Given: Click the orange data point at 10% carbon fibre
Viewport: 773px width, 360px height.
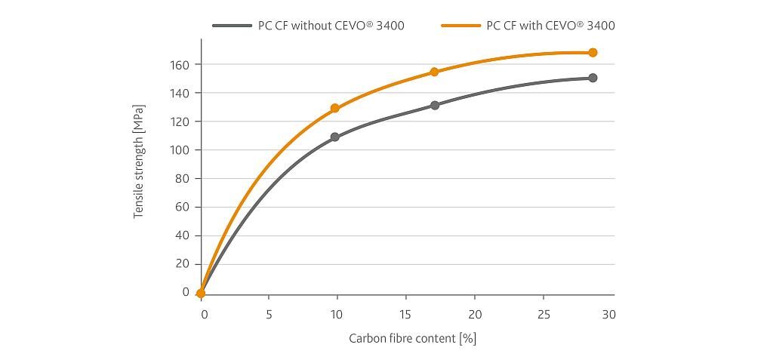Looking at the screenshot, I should [x=335, y=109].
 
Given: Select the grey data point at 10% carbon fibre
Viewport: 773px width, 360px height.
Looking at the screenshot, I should [x=335, y=137].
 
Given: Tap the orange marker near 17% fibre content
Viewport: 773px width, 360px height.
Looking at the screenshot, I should [x=434, y=72].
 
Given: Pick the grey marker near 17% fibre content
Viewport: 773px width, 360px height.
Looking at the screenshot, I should [x=435, y=106].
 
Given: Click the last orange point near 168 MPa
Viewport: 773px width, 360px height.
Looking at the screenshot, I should [x=593, y=53].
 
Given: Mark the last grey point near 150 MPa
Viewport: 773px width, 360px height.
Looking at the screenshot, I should [x=593, y=78].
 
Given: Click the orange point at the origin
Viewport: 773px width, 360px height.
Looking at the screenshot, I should [x=201, y=294].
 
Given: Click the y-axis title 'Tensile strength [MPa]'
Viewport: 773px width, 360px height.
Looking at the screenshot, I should [x=139, y=162].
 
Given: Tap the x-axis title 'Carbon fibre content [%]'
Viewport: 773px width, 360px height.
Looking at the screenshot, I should [x=412, y=338].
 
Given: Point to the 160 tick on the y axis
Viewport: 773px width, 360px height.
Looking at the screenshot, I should [x=180, y=65].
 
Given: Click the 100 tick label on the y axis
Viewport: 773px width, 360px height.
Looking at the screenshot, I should [x=180, y=150].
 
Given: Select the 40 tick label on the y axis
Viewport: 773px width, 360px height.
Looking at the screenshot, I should [x=182, y=235].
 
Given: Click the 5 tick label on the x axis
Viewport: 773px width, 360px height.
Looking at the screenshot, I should [x=269, y=314].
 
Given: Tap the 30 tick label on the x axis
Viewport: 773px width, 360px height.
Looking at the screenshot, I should [x=608, y=314].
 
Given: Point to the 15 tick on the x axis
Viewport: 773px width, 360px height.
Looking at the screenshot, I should [x=405, y=314].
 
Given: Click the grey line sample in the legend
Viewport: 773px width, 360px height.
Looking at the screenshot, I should [x=232, y=26].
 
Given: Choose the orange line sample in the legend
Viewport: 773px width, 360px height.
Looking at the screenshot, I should [x=460, y=26].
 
